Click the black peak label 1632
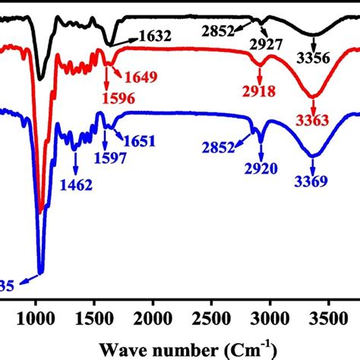[x=156, y=35]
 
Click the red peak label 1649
[x=142, y=77]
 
